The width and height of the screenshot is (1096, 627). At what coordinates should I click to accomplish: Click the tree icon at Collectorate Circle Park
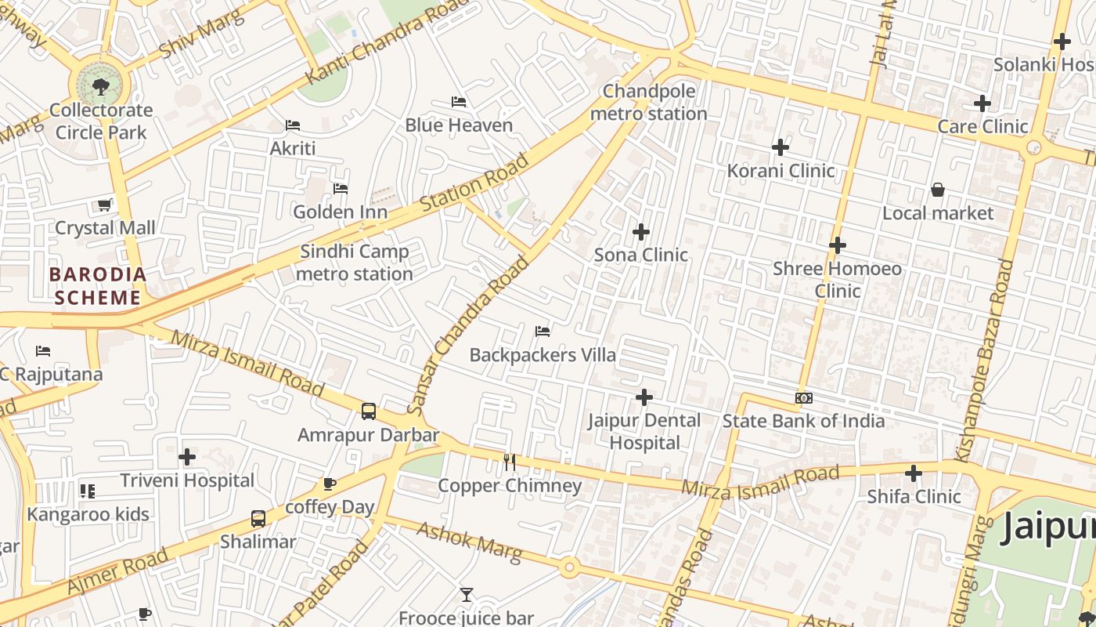100,86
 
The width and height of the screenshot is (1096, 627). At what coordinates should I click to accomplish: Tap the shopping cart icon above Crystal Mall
104,205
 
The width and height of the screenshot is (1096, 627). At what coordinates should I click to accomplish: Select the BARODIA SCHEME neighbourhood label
98,286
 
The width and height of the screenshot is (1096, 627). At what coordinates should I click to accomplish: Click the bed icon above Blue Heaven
459,102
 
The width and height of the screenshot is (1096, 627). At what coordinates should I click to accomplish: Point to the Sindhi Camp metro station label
355,263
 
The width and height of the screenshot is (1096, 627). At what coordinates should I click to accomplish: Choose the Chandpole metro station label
649,103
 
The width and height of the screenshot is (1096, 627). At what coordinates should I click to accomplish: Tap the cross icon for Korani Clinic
781,147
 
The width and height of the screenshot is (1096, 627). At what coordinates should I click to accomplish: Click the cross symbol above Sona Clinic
641,232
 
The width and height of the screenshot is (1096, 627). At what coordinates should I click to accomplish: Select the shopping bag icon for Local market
937,190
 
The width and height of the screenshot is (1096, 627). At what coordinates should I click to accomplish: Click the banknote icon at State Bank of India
804,398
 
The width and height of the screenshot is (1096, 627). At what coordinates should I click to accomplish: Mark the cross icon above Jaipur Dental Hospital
644,398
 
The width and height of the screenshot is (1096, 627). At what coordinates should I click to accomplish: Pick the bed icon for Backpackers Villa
543,332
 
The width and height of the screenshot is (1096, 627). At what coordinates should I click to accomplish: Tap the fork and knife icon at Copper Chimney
510,462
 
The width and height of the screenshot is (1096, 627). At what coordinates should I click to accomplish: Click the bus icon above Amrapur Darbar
369,411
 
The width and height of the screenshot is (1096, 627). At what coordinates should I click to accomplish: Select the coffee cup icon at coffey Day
330,484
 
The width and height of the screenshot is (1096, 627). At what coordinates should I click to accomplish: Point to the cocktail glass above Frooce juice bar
467,595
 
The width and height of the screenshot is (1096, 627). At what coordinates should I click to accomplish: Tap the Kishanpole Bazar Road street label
994,361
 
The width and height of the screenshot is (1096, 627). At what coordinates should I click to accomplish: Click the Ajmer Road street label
117,571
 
